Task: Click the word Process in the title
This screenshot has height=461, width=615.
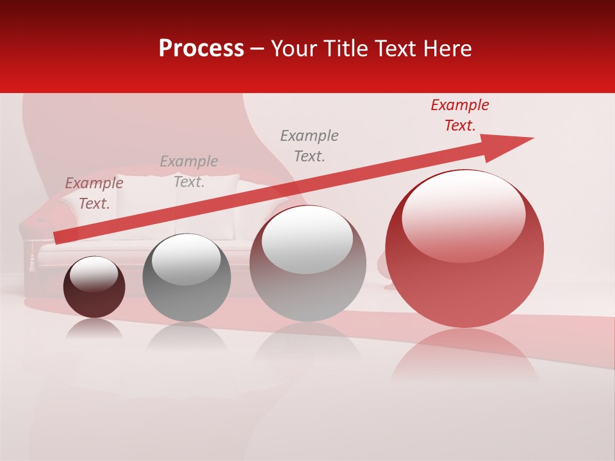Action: click(x=201, y=49)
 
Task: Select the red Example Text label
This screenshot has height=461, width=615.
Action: click(x=459, y=115)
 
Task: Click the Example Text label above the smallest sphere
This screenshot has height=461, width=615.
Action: click(x=94, y=193)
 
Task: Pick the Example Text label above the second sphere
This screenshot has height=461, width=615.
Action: click(x=189, y=172)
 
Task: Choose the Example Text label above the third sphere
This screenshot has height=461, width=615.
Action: click(x=309, y=145)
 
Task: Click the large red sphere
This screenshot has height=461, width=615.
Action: click(x=464, y=282)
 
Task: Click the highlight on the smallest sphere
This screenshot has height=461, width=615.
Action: click(x=94, y=273)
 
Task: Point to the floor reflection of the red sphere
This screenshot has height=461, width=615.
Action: click(x=464, y=359)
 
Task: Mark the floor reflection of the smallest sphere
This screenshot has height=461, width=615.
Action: click(x=94, y=330)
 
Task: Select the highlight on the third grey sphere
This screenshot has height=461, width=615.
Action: click(x=307, y=239)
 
